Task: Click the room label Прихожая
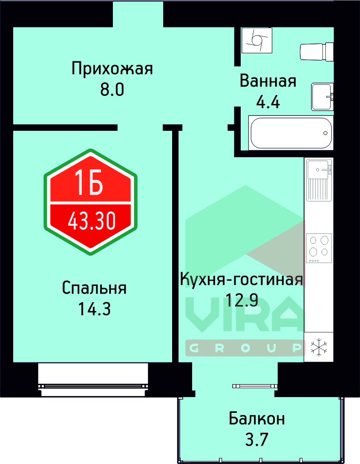coord(112,68)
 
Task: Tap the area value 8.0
coord(112,90)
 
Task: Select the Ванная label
coord(268,81)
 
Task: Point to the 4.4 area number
coord(268,102)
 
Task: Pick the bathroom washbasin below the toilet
coord(322,97)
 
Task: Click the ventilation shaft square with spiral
coord(256,40)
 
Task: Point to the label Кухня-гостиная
coord(242,280)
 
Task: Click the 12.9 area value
coord(242,301)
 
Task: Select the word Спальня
coord(94,288)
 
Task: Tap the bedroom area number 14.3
coord(94,309)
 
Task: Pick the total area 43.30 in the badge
coord(91,221)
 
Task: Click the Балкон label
coord(256,418)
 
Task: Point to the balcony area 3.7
coord(256,439)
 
